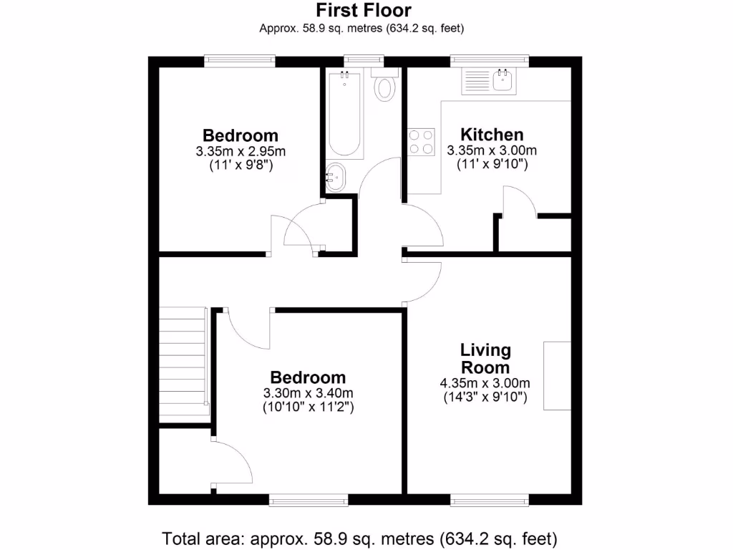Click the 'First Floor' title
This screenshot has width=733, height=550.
(x=364, y=10)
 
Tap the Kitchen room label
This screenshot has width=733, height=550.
(x=492, y=135)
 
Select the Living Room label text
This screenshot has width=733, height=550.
(x=485, y=359)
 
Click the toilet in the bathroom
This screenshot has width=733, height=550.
(x=385, y=87)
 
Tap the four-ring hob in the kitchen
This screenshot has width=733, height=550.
(x=422, y=141)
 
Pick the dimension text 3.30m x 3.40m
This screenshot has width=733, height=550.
(x=308, y=393)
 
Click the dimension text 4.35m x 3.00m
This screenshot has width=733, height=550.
(x=485, y=383)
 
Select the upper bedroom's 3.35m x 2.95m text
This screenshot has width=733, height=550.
(x=241, y=152)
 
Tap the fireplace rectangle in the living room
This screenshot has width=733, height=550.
(x=557, y=376)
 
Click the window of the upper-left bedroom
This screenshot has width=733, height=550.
(x=240, y=61)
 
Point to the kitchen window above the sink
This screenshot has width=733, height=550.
(x=490, y=61)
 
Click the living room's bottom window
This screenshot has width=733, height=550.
(x=490, y=499)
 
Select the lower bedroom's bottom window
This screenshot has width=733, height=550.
(x=309, y=499)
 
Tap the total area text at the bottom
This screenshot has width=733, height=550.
(x=359, y=537)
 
